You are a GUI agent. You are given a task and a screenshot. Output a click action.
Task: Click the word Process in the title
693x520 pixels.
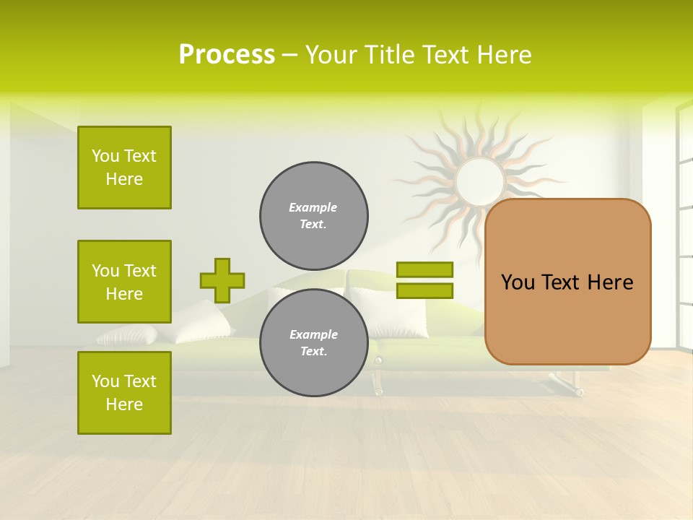[227, 55]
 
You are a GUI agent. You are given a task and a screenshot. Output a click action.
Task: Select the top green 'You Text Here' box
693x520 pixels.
[124, 168]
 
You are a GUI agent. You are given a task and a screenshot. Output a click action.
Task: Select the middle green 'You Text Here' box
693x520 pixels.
[124, 282]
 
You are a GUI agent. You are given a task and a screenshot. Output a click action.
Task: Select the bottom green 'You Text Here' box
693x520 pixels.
[124, 392]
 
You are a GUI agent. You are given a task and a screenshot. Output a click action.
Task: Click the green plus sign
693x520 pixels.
[222, 280]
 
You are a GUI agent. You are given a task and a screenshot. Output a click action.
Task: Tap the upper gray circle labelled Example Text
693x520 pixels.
[313, 216]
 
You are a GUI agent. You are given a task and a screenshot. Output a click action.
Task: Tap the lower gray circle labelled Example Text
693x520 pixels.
[313, 343]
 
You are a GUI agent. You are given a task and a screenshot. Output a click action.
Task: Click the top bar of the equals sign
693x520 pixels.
[424, 269]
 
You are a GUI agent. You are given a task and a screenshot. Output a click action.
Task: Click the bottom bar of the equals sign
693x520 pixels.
[424, 291]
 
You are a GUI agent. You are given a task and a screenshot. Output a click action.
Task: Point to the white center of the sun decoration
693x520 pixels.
[480, 181]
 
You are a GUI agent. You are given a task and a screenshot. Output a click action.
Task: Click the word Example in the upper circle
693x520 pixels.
[313, 207]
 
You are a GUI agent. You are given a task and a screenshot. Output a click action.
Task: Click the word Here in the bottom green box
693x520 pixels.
[124, 404]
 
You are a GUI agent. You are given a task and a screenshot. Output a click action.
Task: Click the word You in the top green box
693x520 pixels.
[105, 156]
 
